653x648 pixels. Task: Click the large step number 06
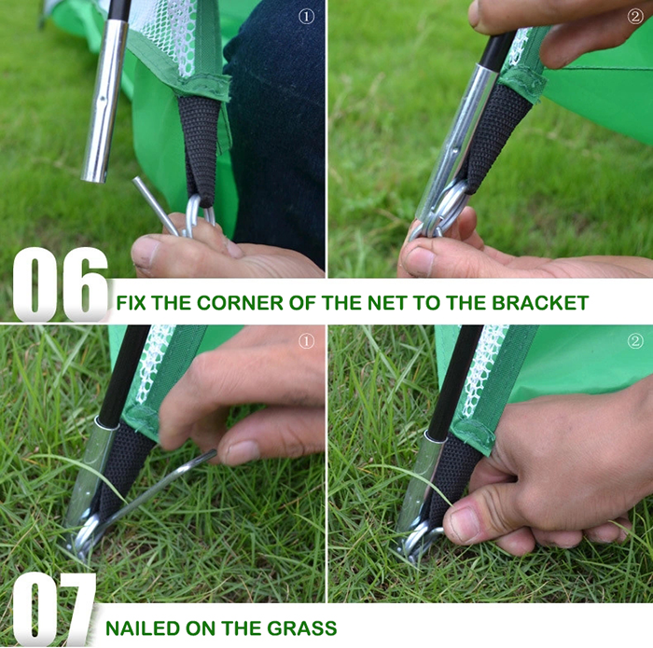(60, 284)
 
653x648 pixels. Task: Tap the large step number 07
(54, 609)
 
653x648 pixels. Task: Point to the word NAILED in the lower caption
(143, 628)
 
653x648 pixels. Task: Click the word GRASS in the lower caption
(302, 628)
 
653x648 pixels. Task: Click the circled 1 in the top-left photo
(307, 17)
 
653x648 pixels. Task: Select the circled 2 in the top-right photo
(635, 17)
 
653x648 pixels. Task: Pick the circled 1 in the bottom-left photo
(307, 341)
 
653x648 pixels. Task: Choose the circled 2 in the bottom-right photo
(635, 341)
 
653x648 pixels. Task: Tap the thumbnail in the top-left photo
(145, 250)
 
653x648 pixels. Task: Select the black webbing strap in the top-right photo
(497, 133)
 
